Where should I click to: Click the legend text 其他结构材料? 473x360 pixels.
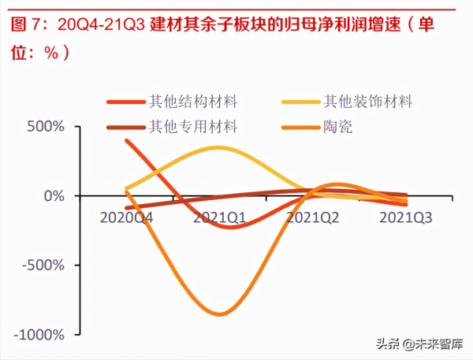pyautogui.click(x=193, y=102)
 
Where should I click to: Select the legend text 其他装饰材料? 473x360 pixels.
pyautogui.click(x=368, y=102)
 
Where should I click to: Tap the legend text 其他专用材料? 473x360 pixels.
pyautogui.click(x=193, y=125)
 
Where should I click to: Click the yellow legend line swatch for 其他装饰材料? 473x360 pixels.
pyautogui.click(x=300, y=102)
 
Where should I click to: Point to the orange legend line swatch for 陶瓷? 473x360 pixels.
pyautogui.click(x=300, y=125)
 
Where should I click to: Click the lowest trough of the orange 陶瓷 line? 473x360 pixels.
pyautogui.click(x=218, y=314)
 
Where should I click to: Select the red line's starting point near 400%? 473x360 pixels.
pyautogui.click(x=127, y=140)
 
